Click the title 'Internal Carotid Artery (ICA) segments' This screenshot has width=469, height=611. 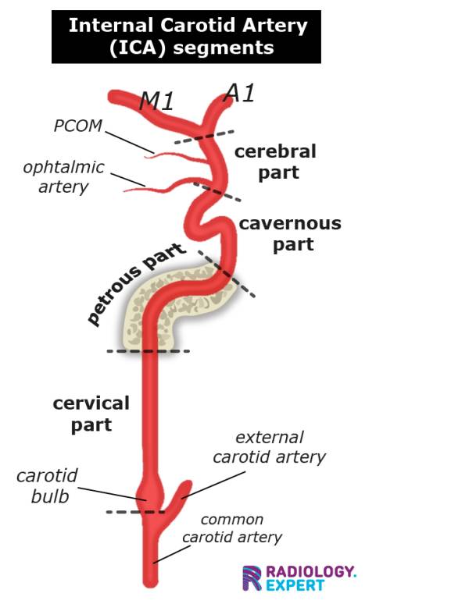tap(186, 36)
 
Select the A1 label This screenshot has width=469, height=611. tap(240, 93)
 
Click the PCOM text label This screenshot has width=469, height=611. tap(77, 126)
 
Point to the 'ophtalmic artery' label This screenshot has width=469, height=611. tap(63, 177)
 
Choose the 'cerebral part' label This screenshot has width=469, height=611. tap(275, 162)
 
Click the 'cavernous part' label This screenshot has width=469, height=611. tap(290, 233)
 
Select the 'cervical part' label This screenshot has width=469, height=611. tap(91, 414)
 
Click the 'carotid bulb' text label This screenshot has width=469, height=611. tap(47, 485)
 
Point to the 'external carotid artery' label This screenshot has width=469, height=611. tap(269, 447)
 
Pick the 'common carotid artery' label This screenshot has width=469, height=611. tap(232, 528)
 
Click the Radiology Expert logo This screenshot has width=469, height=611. tap(299, 577)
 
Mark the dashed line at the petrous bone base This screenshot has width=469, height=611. tap(117, 351)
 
